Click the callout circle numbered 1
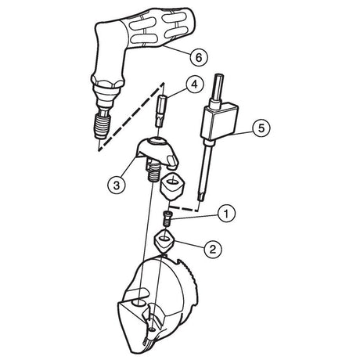click(x=226, y=214)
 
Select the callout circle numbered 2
click(x=213, y=250)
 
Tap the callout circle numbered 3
click(x=117, y=185)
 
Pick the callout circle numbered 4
click(x=195, y=85)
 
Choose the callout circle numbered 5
click(x=261, y=128)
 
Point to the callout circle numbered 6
click(x=199, y=57)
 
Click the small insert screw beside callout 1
click(x=167, y=219)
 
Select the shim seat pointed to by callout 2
click(x=164, y=240)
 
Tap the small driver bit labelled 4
click(x=161, y=111)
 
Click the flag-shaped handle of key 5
click(x=220, y=121)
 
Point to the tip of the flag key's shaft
click(x=201, y=198)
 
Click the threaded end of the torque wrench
click(x=103, y=126)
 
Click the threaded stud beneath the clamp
click(x=152, y=172)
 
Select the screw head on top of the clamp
click(x=157, y=142)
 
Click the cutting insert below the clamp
click(x=172, y=186)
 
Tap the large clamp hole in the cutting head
click(x=139, y=303)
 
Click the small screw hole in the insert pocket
click(x=153, y=330)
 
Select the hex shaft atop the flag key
click(x=218, y=88)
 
